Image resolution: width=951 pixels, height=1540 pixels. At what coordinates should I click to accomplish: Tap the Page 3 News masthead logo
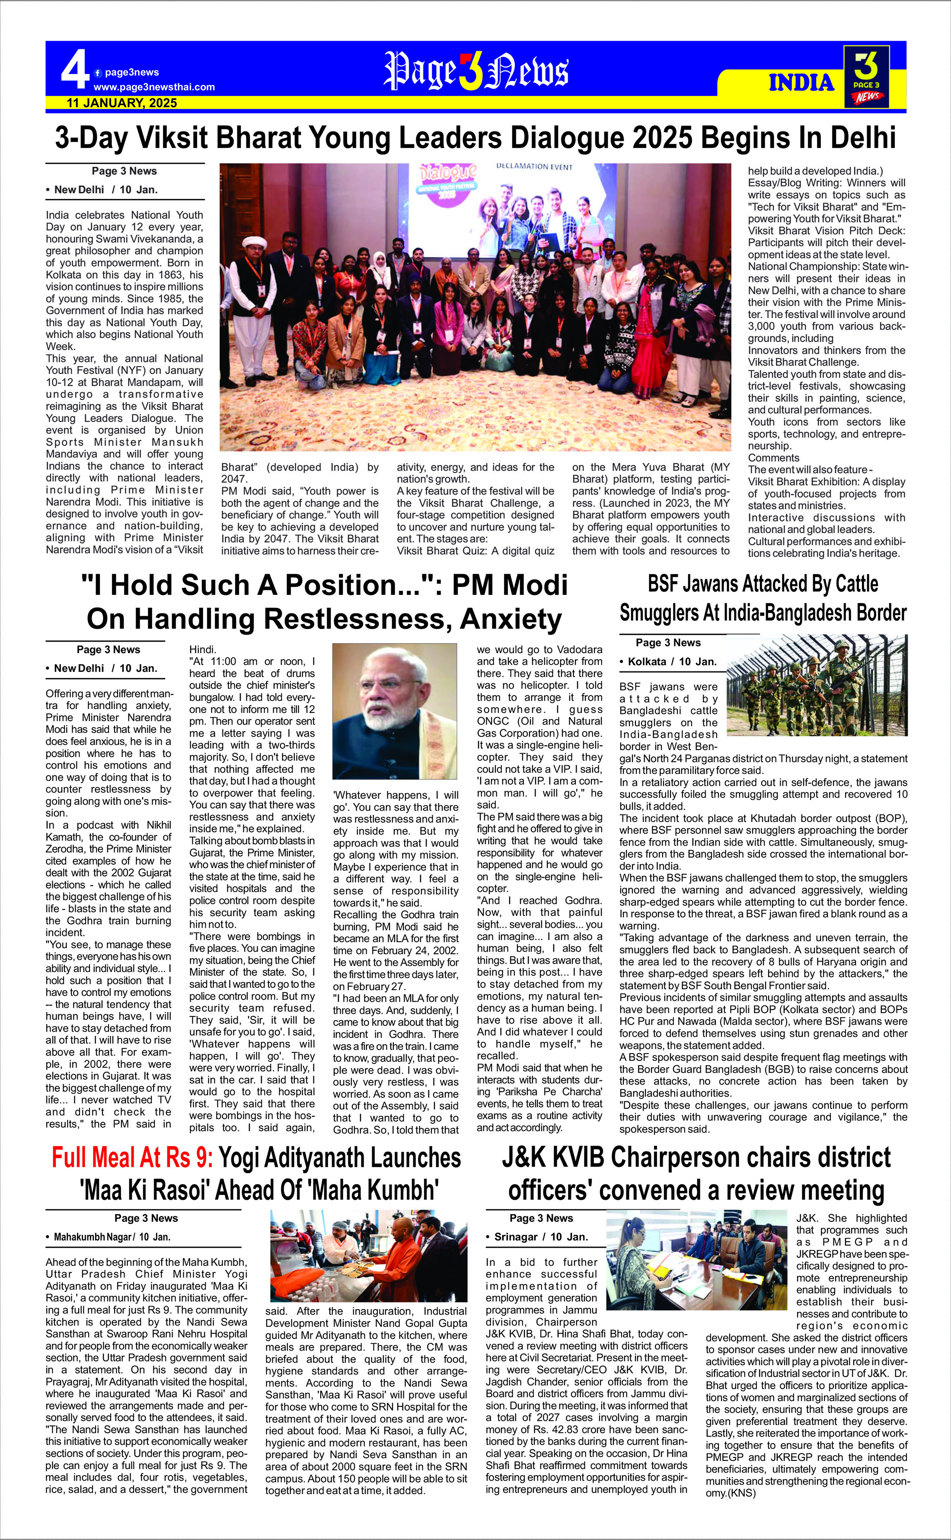(476, 70)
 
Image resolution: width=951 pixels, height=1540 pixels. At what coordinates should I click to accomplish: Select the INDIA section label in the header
(801, 83)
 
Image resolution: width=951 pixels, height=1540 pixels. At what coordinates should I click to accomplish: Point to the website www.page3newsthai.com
(154, 87)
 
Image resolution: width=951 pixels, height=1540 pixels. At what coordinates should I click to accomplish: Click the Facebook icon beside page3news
(98, 73)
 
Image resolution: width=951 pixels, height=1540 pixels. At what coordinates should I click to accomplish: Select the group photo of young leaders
(475, 307)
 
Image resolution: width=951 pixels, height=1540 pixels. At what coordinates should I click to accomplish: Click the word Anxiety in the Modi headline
(510, 619)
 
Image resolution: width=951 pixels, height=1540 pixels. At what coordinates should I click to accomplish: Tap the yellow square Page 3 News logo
(866, 76)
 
